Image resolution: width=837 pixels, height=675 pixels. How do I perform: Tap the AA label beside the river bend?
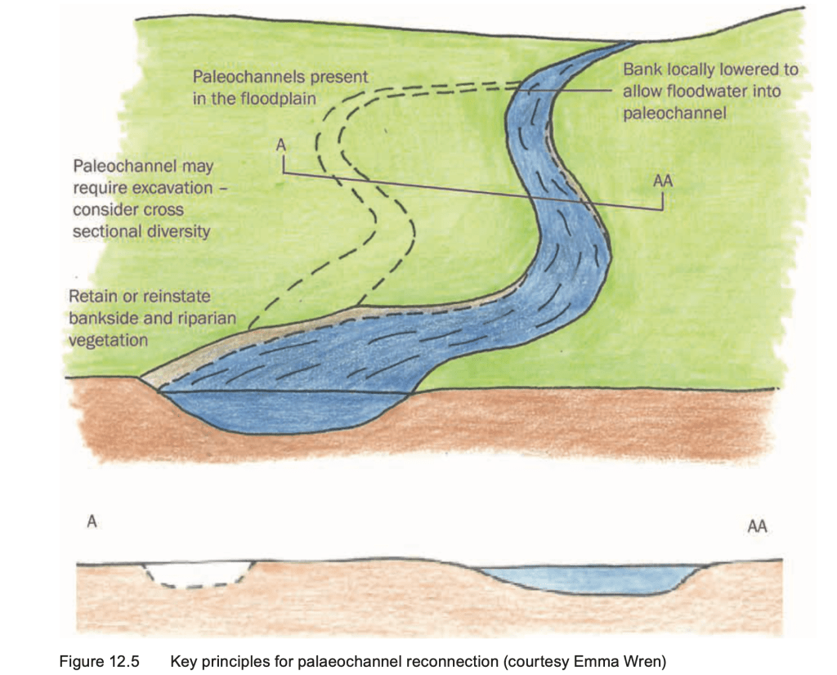(x=663, y=181)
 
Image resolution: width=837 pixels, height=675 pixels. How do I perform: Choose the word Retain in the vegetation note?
(x=93, y=296)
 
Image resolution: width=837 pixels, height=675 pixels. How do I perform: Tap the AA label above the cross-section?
(x=757, y=527)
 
